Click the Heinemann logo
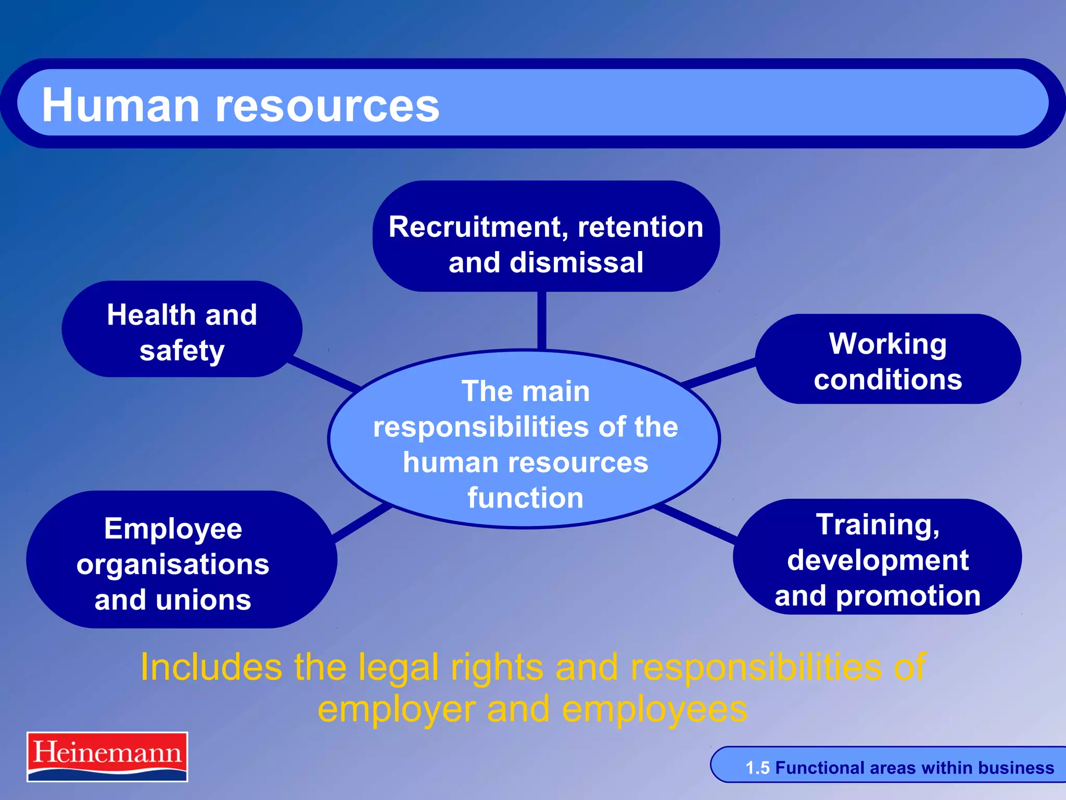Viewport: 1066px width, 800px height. point(107,756)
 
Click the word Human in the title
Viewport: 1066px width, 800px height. point(120,106)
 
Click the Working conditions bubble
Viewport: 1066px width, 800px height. point(887,360)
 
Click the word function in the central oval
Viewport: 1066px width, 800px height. point(525,498)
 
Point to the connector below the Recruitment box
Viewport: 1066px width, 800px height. point(541,320)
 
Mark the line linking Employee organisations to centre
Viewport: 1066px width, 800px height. point(362,523)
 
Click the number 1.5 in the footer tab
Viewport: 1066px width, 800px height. point(757,768)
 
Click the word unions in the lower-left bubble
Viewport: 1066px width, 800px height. point(204,600)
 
